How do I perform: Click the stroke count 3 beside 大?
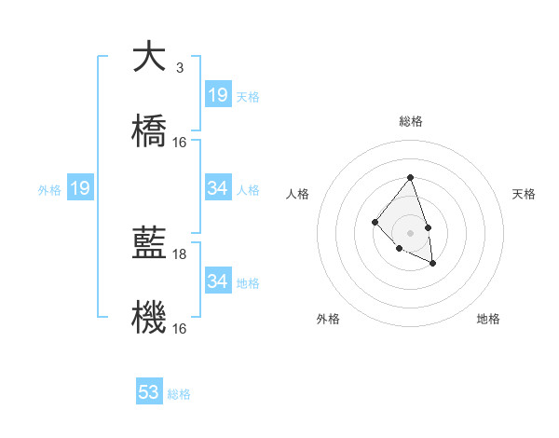point(179,68)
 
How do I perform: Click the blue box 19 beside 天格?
point(217,95)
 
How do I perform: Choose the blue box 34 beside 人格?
point(217,188)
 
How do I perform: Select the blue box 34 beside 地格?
point(217,281)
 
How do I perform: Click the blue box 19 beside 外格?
point(80,189)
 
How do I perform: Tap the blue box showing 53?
point(149,392)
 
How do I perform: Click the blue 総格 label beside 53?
point(179,394)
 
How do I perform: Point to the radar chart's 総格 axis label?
point(410,121)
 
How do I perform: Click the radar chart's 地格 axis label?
point(488,319)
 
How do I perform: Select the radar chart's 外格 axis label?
point(328,319)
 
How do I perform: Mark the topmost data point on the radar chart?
point(410,177)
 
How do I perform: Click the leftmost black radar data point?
point(375,222)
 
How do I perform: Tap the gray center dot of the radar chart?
point(410,233)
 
